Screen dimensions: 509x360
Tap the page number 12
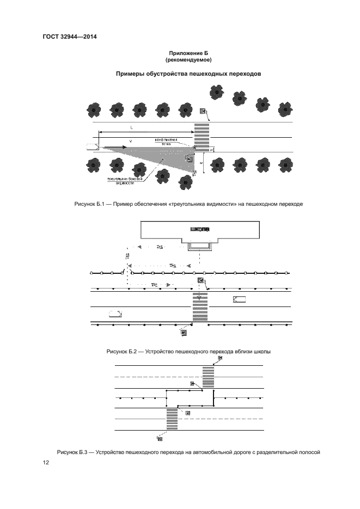pos(46,463)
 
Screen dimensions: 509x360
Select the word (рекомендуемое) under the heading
pos(188,60)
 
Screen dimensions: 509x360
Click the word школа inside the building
pos(200,229)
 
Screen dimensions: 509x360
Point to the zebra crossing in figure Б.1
pos(202,136)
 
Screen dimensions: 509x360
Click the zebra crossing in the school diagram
pos(199,308)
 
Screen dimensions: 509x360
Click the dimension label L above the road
pos(132,127)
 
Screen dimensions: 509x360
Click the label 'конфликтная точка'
pos(167,142)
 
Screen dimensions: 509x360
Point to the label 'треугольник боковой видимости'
pos(125,181)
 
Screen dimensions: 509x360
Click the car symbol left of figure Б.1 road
pos(91,146)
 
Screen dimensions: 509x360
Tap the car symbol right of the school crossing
pos(239,299)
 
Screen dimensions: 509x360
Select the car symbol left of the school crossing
pos(115,313)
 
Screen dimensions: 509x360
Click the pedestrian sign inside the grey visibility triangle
pos(190,158)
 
